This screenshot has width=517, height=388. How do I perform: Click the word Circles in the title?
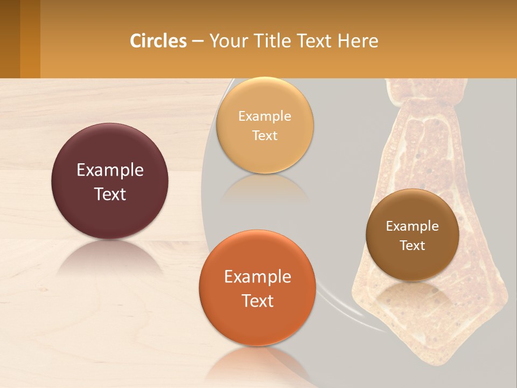(x=158, y=41)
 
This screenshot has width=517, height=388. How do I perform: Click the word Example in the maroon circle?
(x=110, y=170)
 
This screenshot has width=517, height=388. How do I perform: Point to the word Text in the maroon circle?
(x=110, y=194)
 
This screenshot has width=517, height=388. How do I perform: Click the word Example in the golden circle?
(x=265, y=116)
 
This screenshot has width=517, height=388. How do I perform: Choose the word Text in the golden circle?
(x=265, y=135)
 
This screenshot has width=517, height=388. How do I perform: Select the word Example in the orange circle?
(x=257, y=277)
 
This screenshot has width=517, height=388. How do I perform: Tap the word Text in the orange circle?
(x=257, y=301)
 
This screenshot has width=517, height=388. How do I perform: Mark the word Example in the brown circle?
(x=413, y=226)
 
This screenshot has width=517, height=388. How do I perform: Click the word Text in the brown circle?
(x=413, y=246)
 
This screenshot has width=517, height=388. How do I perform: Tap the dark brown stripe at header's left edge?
(x=10, y=39)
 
